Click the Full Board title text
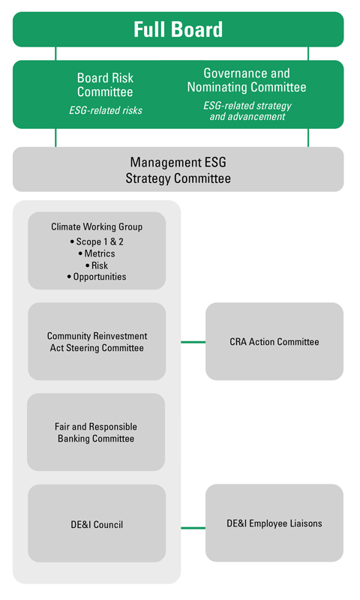pyautogui.click(x=178, y=29)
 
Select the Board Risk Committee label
pyautogui.click(x=105, y=85)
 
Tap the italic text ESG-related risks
pyautogui.click(x=106, y=110)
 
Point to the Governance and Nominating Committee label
pyautogui.click(x=247, y=80)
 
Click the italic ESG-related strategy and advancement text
pyautogui.click(x=247, y=111)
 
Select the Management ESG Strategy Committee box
pyautogui.click(x=178, y=169)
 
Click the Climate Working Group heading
pyautogui.click(x=97, y=226)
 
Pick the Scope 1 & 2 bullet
pyautogui.click(x=97, y=241)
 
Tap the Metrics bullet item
pyautogui.click(x=97, y=253)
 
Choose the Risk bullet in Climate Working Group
pyautogui.click(x=97, y=265)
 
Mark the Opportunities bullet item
pyautogui.click(x=97, y=277)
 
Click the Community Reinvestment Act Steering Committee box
pyautogui.click(x=97, y=341)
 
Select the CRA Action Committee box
pyautogui.click(x=274, y=341)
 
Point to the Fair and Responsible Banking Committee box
pyautogui.click(x=96, y=432)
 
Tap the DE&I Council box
pyautogui.click(x=97, y=523)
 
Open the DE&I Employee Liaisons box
pyautogui.click(x=274, y=523)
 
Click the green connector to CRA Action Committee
pyautogui.click(x=193, y=342)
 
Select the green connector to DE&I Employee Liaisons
pyautogui.click(x=193, y=528)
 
